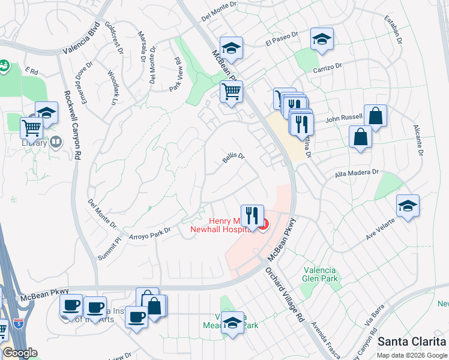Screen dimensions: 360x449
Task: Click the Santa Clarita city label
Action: (x=412, y=341)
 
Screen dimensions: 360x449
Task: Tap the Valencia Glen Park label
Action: (x=321, y=274)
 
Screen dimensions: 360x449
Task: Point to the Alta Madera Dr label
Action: (x=357, y=173)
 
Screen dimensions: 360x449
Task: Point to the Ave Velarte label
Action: (x=381, y=232)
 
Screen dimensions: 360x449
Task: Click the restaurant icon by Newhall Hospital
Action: (x=252, y=215)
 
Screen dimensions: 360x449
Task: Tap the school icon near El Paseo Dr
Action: (x=322, y=39)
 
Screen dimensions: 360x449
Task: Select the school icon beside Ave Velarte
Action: (x=408, y=206)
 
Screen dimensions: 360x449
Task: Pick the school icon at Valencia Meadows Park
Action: (x=232, y=322)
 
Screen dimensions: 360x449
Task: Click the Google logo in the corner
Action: (x=19, y=353)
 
